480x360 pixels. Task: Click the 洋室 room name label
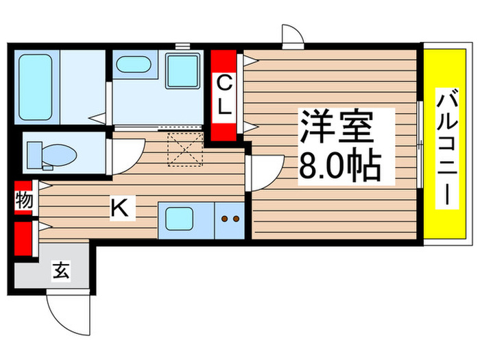(x=337, y=127)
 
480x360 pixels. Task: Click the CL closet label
(x=224, y=95)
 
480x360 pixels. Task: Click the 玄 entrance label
(x=61, y=270)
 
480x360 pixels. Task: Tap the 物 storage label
(x=23, y=201)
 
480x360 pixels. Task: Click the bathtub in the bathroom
(x=35, y=87)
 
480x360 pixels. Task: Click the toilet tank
(x=34, y=155)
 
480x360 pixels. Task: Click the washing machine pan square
(x=183, y=71)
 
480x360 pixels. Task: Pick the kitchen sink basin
(x=180, y=219)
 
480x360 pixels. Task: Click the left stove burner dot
(x=224, y=219)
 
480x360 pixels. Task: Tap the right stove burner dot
(x=236, y=219)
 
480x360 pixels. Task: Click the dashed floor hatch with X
(x=185, y=149)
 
